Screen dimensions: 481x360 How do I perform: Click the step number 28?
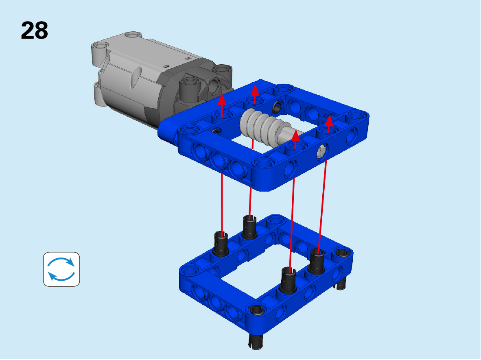click(x=34, y=31)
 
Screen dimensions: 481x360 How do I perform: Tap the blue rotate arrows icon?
click(x=61, y=269)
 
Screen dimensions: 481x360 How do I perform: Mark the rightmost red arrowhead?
click(x=329, y=120)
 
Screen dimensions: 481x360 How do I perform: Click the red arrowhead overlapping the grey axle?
click(x=295, y=135)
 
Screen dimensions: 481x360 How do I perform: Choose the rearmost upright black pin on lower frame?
click(x=249, y=227)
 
